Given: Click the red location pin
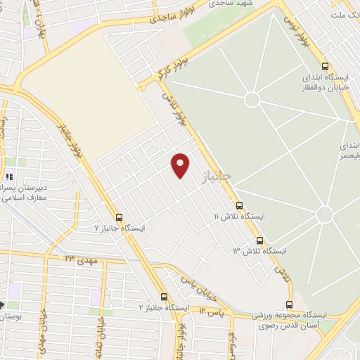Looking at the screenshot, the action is pyautogui.click(x=181, y=165).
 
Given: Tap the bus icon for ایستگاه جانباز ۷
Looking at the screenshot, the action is pyautogui.click(x=119, y=217).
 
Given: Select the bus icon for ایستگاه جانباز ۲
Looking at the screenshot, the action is pyautogui.click(x=164, y=297).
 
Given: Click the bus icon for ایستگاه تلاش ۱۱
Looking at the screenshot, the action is pyautogui.click(x=240, y=205).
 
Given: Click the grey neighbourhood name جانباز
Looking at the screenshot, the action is pyautogui.click(x=218, y=172).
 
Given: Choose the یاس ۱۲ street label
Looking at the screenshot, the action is pyautogui.click(x=210, y=309).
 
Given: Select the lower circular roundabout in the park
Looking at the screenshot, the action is pyautogui.click(x=323, y=214).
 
